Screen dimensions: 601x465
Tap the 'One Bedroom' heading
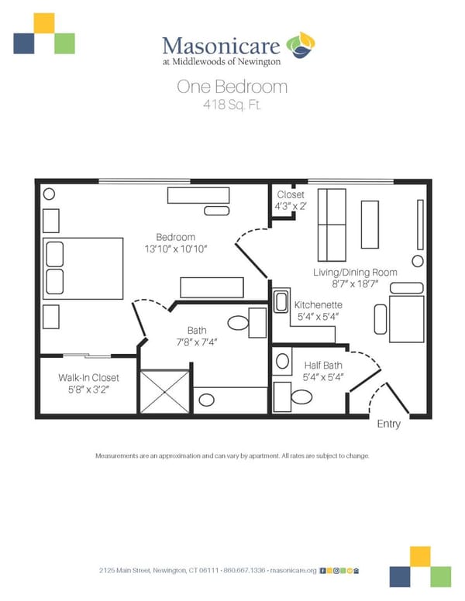click(232, 87)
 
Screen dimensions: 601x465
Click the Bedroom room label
click(175, 237)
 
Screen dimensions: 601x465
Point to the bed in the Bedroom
click(83, 268)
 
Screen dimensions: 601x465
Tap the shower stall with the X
click(165, 391)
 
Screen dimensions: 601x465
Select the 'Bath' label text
click(186, 331)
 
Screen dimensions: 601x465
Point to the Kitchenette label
click(318, 305)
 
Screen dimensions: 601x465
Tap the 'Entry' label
click(389, 424)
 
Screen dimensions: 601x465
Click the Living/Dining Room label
click(355, 273)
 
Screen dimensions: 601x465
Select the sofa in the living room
click(332, 225)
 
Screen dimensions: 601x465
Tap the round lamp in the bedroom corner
click(49, 194)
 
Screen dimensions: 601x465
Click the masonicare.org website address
click(294, 569)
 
